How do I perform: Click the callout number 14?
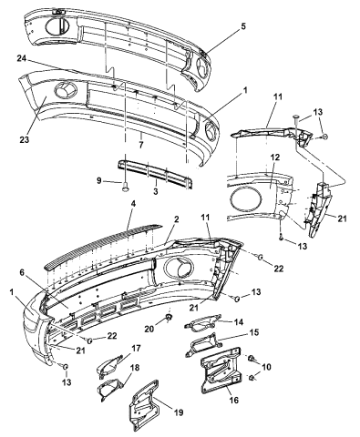[x=239, y=322]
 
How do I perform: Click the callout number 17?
[x=136, y=347]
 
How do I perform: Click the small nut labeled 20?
[x=170, y=320]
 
